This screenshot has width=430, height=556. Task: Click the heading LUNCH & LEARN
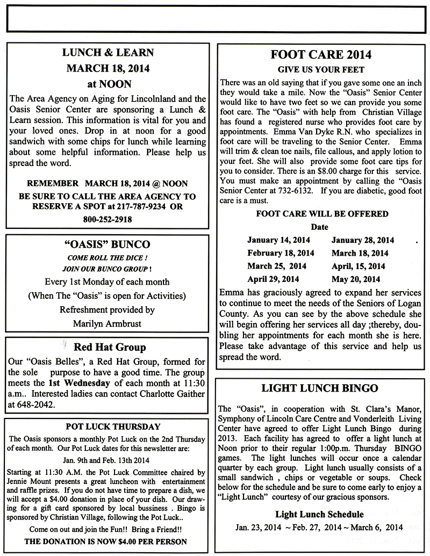(108, 53)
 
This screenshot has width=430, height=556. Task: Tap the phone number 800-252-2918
(108, 219)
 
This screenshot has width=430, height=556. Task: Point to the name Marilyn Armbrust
(106, 323)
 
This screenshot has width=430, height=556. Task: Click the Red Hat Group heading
(110, 347)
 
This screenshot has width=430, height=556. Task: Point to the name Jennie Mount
(33, 481)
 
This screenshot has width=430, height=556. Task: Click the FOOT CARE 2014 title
(321, 55)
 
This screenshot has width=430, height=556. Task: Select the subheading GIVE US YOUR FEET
(321, 70)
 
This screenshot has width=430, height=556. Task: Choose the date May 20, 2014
(355, 279)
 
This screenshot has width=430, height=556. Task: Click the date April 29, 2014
(274, 279)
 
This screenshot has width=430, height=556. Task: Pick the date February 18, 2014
(281, 253)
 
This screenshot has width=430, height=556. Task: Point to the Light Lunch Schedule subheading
(319, 514)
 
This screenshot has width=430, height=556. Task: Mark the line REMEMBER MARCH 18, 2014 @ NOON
(107, 182)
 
